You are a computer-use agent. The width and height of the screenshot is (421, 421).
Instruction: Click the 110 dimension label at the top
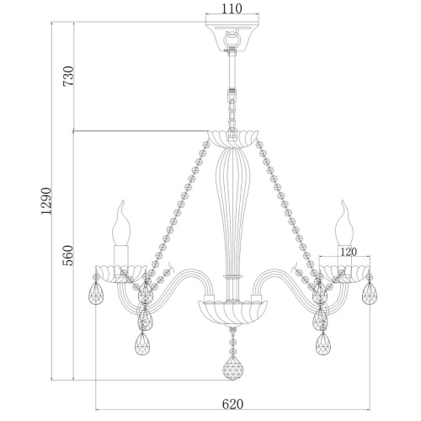tap(232, 9)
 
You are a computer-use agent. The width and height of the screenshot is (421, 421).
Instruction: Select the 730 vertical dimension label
tap(68, 76)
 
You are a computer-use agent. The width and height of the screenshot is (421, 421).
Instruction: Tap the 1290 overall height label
tap(46, 201)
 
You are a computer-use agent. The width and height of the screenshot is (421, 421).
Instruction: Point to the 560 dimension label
tap(67, 255)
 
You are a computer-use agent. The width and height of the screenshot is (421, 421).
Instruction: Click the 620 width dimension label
tap(232, 404)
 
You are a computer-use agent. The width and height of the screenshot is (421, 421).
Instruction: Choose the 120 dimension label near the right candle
tap(349, 252)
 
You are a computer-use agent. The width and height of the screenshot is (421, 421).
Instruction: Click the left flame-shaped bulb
tap(121, 223)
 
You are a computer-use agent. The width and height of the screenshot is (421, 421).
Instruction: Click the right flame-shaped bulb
tap(344, 223)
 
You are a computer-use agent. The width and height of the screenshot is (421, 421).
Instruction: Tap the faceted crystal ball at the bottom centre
tap(233, 368)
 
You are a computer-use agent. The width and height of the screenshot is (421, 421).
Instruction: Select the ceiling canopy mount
tap(232, 37)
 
